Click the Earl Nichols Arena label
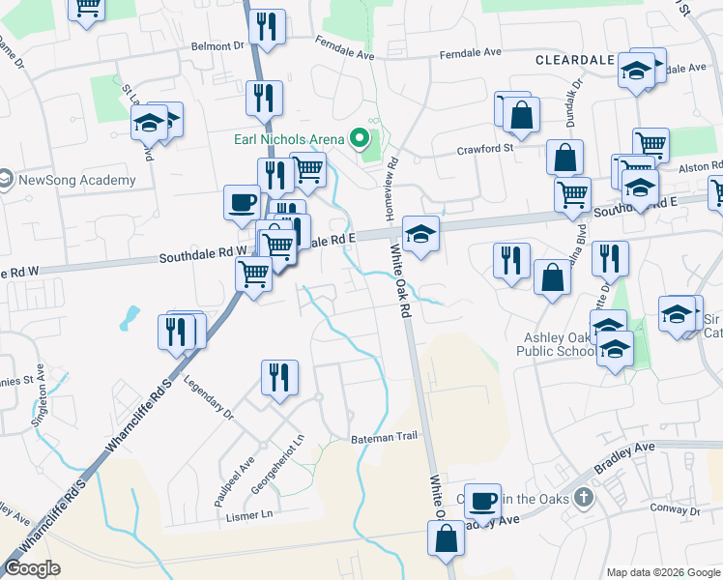click(x=289, y=139)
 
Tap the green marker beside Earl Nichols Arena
click(x=360, y=139)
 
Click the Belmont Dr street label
click(x=218, y=45)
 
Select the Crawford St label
click(x=485, y=150)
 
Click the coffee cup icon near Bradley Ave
click(x=482, y=501)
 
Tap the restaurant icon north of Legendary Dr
click(x=279, y=376)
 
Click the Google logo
click(x=33, y=569)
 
